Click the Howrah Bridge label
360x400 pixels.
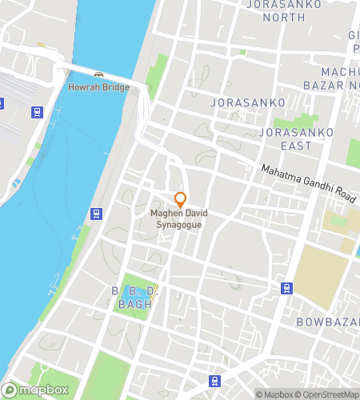click(98, 86)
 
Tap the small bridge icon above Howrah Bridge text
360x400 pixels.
click(98, 75)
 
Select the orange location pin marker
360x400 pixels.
click(181, 198)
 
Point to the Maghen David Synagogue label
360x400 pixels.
click(181, 218)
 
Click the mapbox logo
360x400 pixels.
click(39, 390)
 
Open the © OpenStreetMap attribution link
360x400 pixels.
click(327, 394)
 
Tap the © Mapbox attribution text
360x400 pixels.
click(274, 394)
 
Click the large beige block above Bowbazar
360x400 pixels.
click(321, 276)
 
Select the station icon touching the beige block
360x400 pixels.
click(286, 288)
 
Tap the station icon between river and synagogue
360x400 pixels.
click(95, 214)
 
